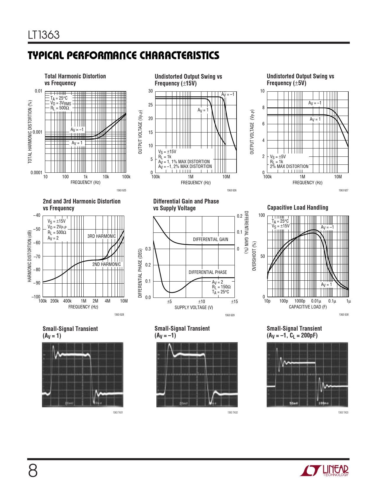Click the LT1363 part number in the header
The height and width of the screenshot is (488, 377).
(x=44, y=35)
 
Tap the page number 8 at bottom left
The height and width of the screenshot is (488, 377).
(x=33, y=471)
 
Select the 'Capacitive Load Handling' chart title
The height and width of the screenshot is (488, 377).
(x=297, y=208)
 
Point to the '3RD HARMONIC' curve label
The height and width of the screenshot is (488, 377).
(x=101, y=236)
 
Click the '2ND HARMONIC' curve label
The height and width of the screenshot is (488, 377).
(x=106, y=264)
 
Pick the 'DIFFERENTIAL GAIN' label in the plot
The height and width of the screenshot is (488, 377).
(x=211, y=239)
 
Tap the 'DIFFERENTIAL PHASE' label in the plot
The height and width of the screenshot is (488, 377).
(x=208, y=272)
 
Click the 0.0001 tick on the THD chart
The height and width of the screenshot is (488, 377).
(x=36, y=173)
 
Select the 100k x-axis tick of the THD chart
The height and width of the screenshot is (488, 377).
(x=126, y=177)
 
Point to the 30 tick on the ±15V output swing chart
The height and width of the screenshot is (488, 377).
(x=151, y=91)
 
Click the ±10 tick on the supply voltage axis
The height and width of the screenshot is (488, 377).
(x=201, y=302)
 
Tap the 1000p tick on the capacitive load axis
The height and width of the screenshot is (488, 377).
(x=300, y=301)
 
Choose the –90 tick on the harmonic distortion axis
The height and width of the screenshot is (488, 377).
(x=36, y=283)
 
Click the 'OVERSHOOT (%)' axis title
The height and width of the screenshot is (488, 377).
(x=254, y=256)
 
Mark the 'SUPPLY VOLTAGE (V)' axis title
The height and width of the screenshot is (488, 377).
(x=194, y=308)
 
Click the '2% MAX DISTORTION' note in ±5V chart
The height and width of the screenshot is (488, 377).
(x=289, y=167)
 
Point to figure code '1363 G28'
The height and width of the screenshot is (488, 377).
(x=119, y=314)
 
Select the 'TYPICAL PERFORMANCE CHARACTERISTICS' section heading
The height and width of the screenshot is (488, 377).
(x=124, y=56)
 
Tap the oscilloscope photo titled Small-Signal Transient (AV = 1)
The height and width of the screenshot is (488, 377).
(x=82, y=374)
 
